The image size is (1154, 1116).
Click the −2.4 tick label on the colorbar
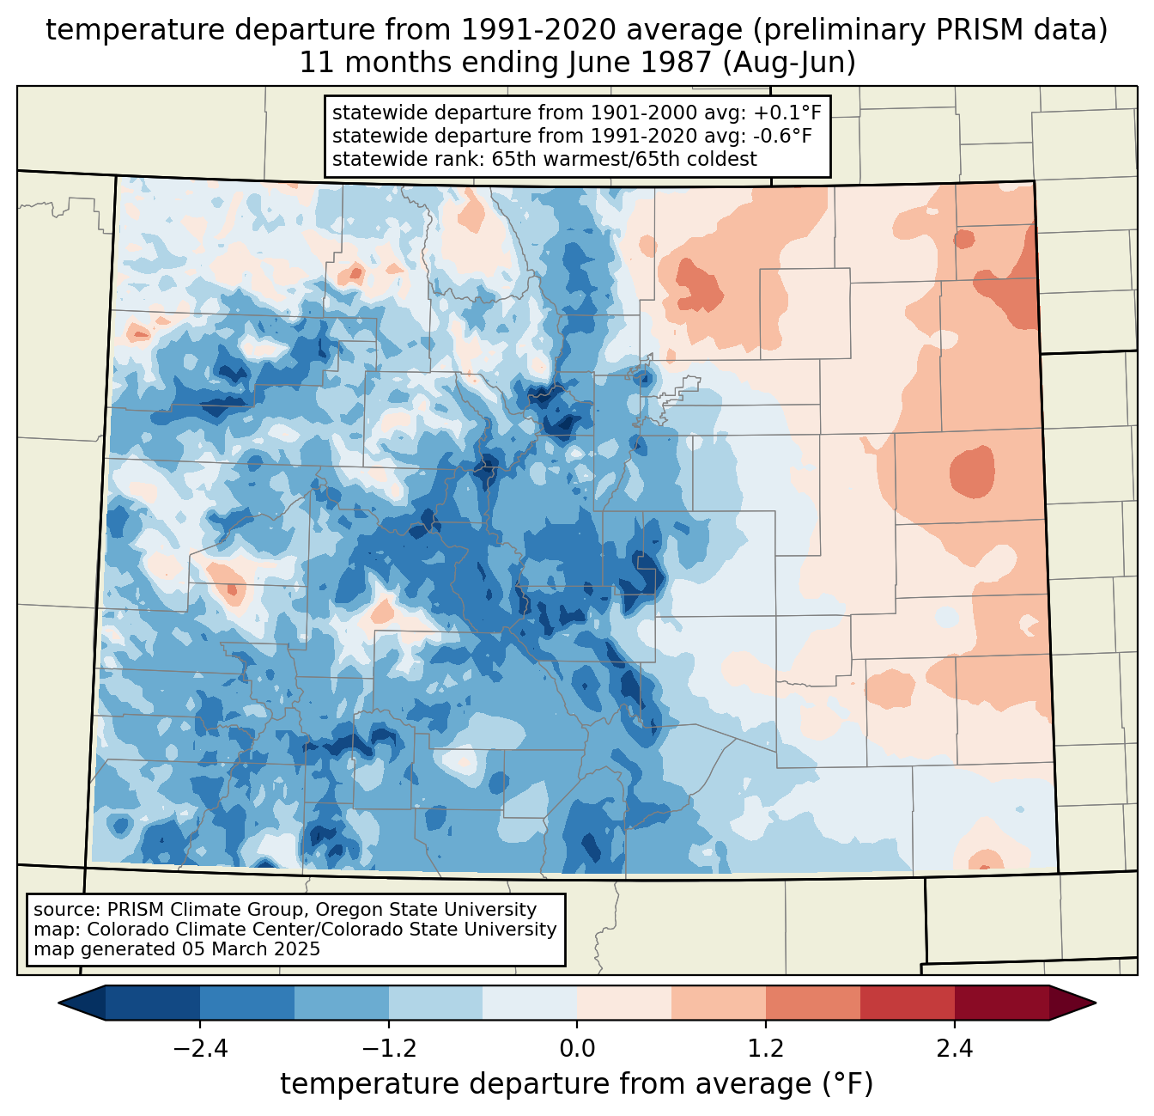(x=199, y=1049)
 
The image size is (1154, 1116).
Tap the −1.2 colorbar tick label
(x=388, y=1049)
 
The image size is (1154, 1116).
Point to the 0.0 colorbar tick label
(x=577, y=1049)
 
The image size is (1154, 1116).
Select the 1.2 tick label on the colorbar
(x=766, y=1049)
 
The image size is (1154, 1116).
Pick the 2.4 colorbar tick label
(x=954, y=1049)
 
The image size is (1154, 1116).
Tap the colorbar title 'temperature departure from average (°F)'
(x=577, y=1084)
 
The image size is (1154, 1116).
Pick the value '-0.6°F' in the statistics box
(x=778, y=136)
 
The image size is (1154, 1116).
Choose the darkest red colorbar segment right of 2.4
(x=1001, y=1003)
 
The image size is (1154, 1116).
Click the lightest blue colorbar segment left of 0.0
(x=530, y=1003)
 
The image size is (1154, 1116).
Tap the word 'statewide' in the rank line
(x=372, y=159)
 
